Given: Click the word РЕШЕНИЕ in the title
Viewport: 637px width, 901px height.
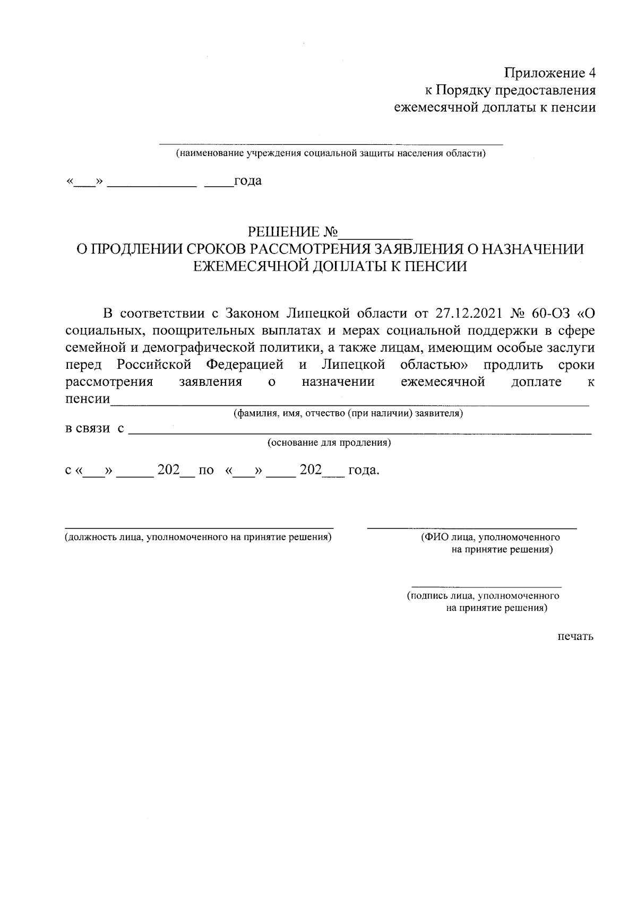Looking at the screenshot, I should pyautogui.click(x=285, y=232).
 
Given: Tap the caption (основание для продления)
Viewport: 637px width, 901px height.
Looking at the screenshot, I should pyautogui.click(x=329, y=443).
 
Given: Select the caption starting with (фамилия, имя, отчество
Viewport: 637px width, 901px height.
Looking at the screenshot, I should pyautogui.click(x=349, y=413).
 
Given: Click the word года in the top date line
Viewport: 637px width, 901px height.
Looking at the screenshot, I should pyautogui.click(x=248, y=181).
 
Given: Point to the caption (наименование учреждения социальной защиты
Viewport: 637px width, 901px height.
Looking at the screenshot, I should pyautogui.click(x=331, y=154).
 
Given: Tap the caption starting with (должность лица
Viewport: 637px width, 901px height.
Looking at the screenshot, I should pyautogui.click(x=198, y=537).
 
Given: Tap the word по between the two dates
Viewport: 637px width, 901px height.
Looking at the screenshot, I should pyautogui.click(x=206, y=470).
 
